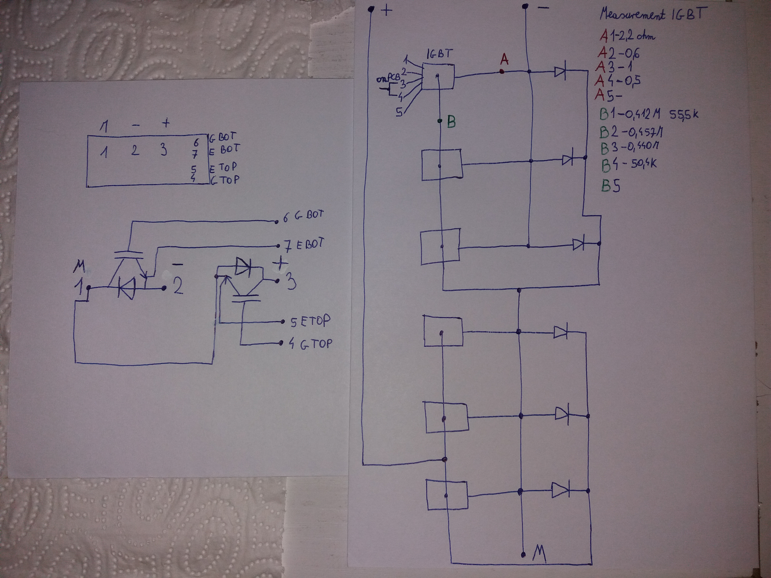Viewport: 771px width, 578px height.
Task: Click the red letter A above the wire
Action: pos(504,60)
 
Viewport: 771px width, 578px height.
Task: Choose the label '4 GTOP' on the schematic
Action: pos(310,344)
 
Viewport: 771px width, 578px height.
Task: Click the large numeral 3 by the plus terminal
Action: pos(291,282)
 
